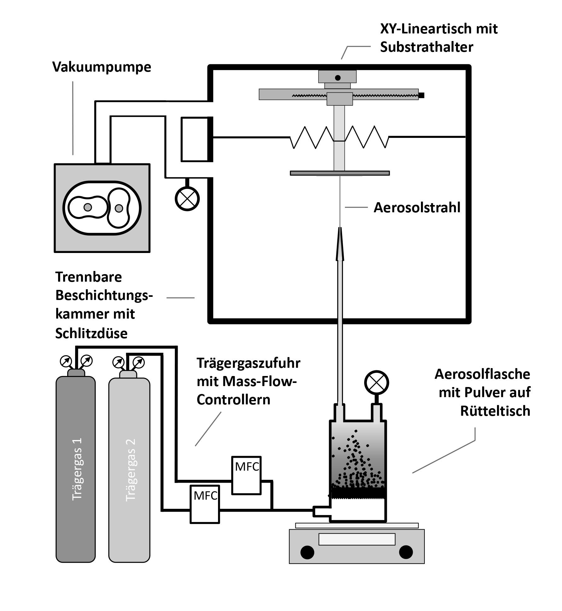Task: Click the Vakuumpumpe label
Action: pos(102,67)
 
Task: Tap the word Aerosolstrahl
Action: pos(417,208)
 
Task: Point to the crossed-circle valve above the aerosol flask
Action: pos(376,383)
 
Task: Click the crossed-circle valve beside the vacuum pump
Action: pos(187,199)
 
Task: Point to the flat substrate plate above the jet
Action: pos(340,173)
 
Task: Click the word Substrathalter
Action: pos(427,47)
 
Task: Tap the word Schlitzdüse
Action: pos(92,333)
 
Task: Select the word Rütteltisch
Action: pos(495,411)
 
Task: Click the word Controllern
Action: pos(234,400)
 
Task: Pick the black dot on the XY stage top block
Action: pos(338,78)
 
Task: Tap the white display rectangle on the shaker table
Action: pos(357,539)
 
